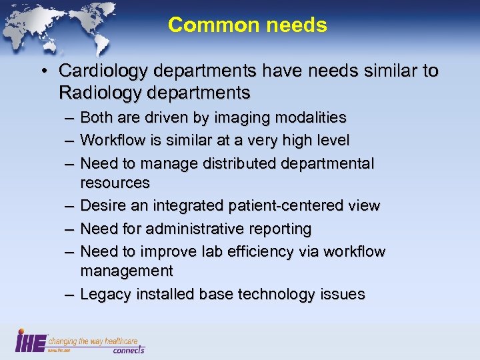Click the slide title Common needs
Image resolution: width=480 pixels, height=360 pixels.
point(247,25)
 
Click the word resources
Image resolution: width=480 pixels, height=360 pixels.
point(115,183)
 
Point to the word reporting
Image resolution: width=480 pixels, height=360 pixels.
point(281,229)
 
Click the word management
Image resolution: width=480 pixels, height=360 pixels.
point(127,271)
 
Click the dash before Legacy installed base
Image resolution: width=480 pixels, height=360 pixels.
point(68,294)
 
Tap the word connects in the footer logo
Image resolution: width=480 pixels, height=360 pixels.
point(129,349)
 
